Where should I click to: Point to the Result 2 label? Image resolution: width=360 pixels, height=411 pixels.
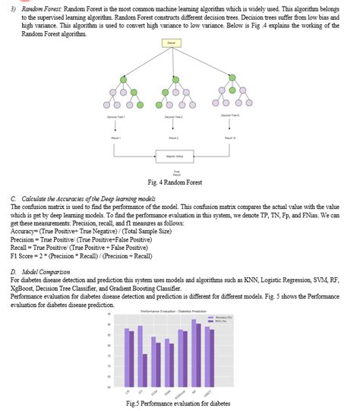(x=173, y=138)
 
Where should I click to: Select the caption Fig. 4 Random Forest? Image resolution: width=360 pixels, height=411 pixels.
(x=176, y=182)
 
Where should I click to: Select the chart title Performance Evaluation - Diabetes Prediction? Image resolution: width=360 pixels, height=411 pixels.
(x=173, y=312)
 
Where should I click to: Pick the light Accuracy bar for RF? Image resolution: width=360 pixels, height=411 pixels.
(x=194, y=353)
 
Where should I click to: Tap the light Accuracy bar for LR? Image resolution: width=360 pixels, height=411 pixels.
(x=126, y=358)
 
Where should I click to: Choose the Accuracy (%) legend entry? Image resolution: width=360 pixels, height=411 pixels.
(x=216, y=317)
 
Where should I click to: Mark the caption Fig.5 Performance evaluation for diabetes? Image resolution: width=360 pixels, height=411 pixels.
(x=178, y=403)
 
